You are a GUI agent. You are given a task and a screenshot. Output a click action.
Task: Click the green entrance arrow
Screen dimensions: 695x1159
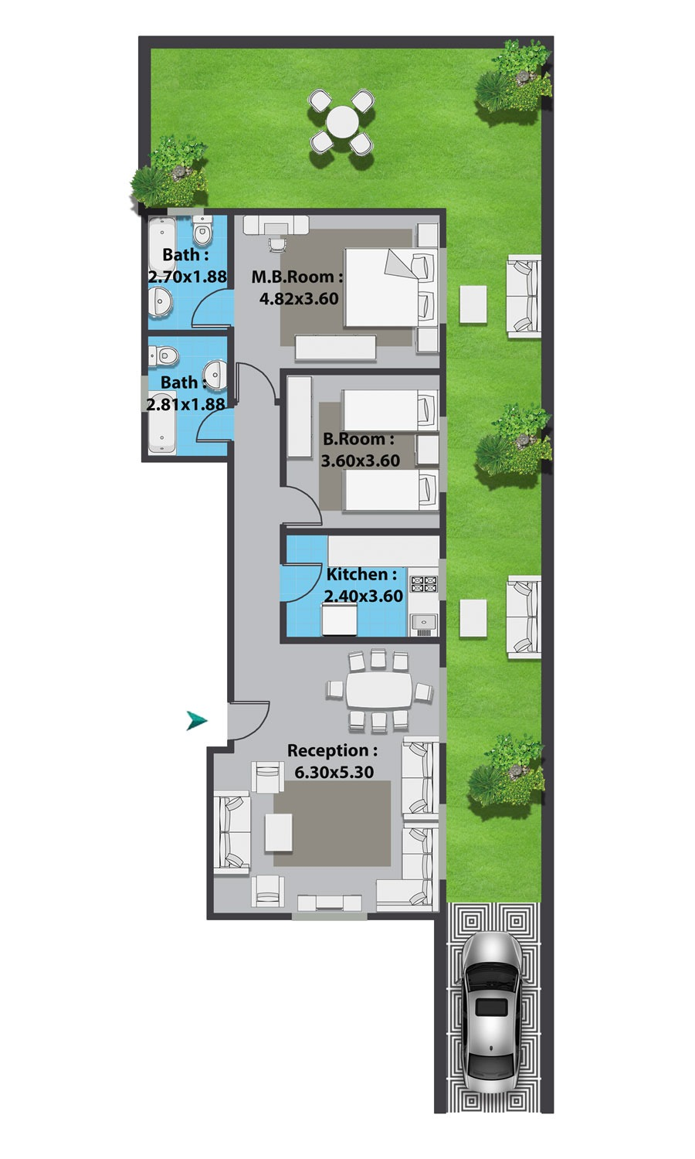[196, 720]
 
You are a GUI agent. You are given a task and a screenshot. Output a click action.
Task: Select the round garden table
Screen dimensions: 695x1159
[342, 122]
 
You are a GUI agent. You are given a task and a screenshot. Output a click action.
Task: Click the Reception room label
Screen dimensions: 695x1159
[333, 750]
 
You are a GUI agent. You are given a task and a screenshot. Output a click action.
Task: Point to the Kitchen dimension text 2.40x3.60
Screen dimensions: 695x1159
[364, 596]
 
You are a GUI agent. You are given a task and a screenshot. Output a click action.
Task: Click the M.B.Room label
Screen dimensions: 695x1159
[297, 277]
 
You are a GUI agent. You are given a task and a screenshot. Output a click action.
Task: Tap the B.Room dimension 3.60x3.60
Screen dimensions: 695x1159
[361, 460]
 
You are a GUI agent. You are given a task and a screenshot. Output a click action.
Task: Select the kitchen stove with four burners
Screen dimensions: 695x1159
[424, 583]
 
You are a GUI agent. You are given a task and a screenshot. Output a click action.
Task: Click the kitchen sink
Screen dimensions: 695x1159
[423, 624]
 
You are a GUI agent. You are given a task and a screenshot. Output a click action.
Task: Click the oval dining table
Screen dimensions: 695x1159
[380, 690]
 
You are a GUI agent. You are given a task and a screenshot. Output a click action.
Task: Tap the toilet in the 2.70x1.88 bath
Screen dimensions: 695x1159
[202, 231]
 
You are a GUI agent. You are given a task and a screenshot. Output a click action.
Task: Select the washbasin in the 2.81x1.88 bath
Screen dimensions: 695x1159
[215, 374]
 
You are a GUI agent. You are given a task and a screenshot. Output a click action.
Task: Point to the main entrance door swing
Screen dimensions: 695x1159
[249, 720]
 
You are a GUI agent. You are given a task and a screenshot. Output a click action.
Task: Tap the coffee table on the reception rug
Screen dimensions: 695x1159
[279, 832]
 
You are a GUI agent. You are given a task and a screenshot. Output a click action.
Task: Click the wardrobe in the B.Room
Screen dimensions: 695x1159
[300, 417]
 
